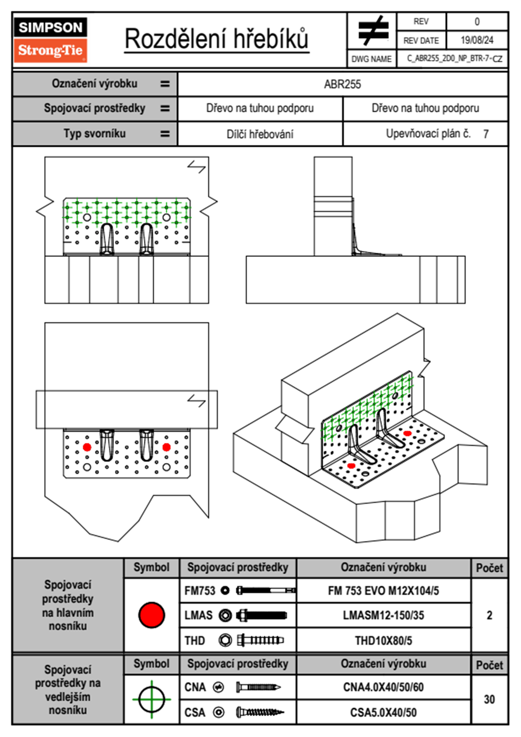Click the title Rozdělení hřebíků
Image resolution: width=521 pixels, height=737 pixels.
(216, 39)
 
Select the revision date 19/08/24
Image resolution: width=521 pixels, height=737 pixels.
(476, 40)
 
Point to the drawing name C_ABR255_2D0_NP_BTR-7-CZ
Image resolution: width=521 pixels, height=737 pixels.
(454, 59)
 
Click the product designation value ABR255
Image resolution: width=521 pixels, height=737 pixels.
(342, 84)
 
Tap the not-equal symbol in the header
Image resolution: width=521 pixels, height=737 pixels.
(373, 31)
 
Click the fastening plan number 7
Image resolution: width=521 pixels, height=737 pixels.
(486, 134)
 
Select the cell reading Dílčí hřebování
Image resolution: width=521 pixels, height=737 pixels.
(260, 134)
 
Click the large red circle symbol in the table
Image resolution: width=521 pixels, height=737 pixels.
(151, 615)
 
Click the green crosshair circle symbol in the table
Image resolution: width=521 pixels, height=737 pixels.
(151, 699)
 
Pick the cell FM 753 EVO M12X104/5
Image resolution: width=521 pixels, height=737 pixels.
(383, 591)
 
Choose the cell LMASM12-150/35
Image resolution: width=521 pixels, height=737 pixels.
(383, 615)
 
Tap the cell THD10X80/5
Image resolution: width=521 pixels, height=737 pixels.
(383, 641)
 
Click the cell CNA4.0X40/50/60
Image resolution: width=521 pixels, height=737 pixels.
(383, 687)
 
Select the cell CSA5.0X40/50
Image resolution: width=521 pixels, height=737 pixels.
(383, 712)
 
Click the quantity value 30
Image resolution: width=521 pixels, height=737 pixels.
(489, 699)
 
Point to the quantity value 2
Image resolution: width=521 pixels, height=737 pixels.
(489, 615)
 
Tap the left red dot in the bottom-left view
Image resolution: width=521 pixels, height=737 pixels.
(87, 447)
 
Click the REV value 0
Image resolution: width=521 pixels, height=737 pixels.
(477, 21)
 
